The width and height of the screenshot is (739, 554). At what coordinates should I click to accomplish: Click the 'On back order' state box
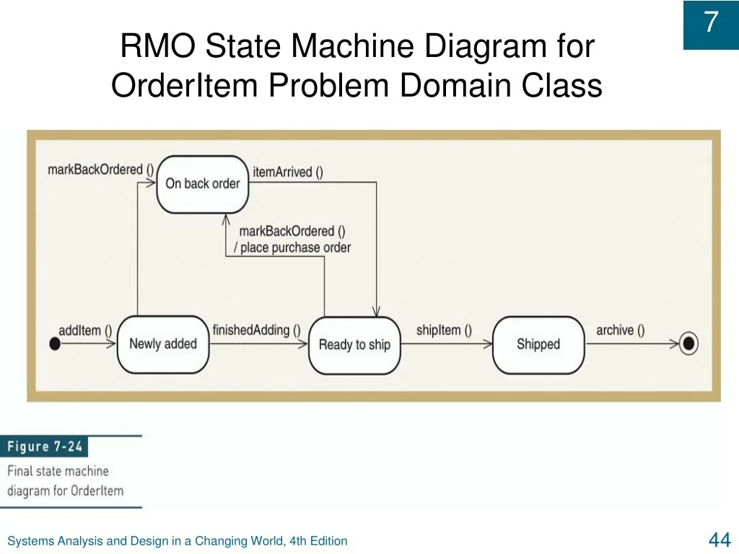[x=202, y=184]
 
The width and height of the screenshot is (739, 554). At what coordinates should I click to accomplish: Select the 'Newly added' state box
[x=162, y=344]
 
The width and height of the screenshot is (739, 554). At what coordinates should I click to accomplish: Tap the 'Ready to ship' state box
[x=354, y=345]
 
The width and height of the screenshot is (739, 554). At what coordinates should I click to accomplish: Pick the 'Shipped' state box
[x=538, y=344]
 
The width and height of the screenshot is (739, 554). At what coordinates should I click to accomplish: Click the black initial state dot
[x=55, y=344]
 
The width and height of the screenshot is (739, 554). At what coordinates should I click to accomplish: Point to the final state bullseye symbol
[x=688, y=343]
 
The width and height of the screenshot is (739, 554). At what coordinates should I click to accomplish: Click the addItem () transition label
[x=85, y=330]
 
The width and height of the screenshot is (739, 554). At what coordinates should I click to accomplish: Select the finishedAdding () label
[x=256, y=330]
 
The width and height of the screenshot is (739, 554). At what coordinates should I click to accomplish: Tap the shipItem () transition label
[x=444, y=330]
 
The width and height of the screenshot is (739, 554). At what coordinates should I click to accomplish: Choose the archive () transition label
[x=620, y=330]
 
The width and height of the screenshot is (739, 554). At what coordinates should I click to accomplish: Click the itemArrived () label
[x=288, y=172]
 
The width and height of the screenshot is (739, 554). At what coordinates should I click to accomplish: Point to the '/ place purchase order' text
[x=292, y=247]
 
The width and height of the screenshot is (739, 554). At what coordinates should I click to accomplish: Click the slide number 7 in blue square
[x=711, y=23]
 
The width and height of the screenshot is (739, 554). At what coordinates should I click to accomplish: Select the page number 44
[x=720, y=540]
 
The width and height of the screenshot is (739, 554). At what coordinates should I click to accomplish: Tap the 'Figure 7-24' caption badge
[x=45, y=447]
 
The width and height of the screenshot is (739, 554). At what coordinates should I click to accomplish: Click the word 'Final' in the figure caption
[x=21, y=471]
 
